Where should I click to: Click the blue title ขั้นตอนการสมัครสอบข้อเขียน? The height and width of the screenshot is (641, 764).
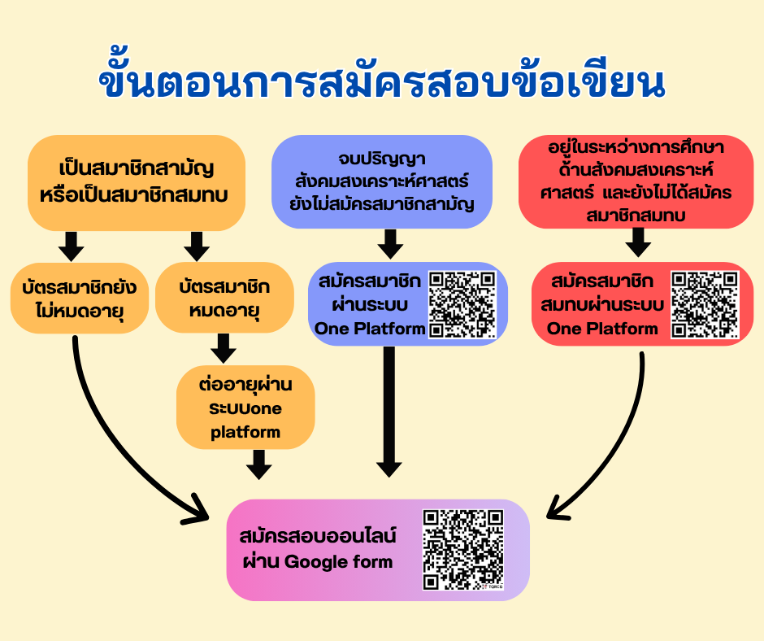pos(382,78)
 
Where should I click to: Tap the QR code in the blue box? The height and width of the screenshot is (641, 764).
pos(462,304)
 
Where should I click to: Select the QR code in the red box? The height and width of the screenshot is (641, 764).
pos(705,304)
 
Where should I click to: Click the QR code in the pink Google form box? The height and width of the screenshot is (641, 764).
pos(463,550)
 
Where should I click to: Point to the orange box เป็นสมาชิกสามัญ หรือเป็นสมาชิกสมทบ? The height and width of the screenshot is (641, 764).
pos(137,182)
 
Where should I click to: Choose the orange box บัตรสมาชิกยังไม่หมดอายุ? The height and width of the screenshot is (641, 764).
pos(80,298)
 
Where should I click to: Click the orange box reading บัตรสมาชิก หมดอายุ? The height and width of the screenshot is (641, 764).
pos(224,298)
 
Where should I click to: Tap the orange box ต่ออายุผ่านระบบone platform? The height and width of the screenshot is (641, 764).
pos(245,408)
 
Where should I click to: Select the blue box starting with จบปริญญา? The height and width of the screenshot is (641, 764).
pos(382,181)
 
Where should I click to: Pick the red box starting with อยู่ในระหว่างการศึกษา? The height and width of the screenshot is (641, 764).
pos(636,181)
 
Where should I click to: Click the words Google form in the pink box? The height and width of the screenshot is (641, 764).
pos(338,561)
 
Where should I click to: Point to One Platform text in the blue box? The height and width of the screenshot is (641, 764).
pos(371,329)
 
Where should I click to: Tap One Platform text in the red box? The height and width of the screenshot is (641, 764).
pos(602,329)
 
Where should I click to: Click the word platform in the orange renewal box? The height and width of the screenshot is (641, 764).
pos(245,432)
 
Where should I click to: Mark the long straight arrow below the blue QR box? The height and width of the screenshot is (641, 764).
pos(389,412)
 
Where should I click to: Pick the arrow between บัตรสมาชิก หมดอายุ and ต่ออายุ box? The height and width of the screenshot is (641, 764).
pos(224,348)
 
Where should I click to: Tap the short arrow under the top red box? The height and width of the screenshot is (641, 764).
pos(638,242)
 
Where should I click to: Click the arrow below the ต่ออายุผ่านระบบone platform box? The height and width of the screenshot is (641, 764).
pos(258,464)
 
